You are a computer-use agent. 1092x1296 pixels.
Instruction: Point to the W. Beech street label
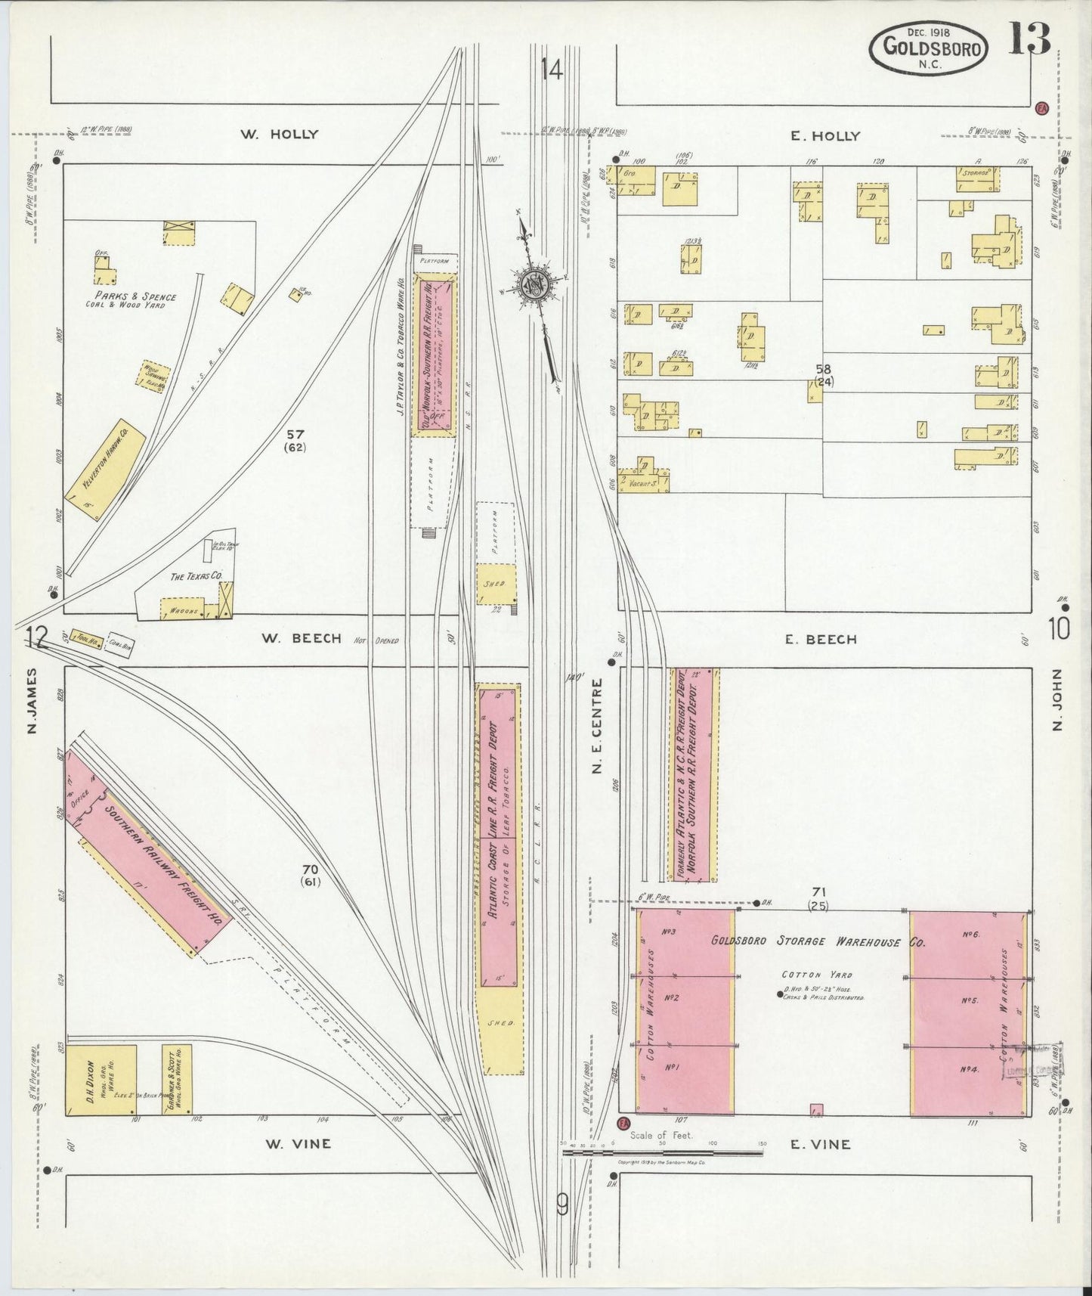[295, 638]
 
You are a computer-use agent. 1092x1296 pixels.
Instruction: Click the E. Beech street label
[821, 640]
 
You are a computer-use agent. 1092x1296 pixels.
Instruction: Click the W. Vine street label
[295, 1143]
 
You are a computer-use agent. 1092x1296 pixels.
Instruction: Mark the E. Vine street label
[820, 1144]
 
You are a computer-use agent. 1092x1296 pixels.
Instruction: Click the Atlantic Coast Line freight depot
[498, 835]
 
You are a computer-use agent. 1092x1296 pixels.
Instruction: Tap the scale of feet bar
[663, 1153]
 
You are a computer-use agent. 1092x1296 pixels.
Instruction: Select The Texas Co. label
[195, 576]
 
